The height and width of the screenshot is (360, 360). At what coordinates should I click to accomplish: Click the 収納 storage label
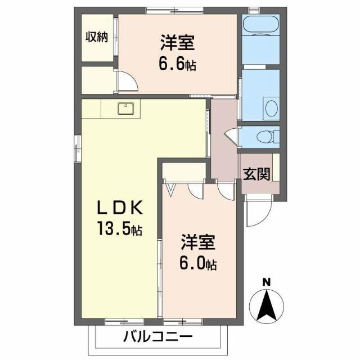click(x=96, y=37)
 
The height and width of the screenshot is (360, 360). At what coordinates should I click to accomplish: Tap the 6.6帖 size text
click(x=177, y=65)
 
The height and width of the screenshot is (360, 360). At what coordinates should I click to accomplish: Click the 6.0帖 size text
click(x=199, y=263)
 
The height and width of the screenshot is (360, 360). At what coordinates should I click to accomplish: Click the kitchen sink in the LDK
click(x=125, y=109)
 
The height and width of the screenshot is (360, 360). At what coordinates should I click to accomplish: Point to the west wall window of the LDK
click(x=76, y=148)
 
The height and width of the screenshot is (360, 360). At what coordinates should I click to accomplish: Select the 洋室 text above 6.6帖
click(x=177, y=44)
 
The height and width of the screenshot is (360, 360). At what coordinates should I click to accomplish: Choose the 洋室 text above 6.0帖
click(x=198, y=242)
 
